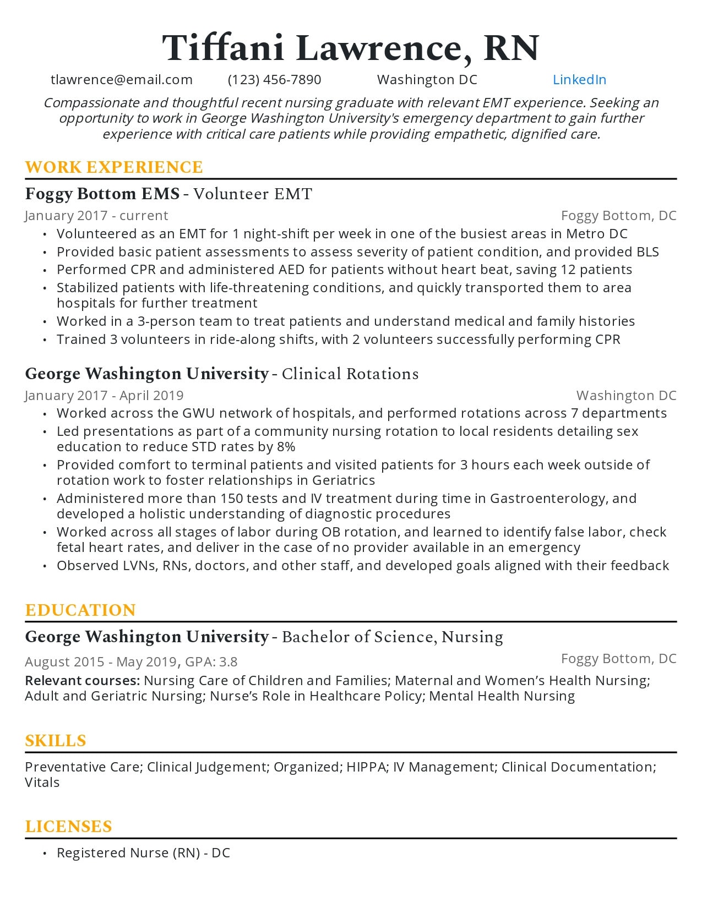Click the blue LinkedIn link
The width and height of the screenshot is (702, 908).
[x=579, y=80]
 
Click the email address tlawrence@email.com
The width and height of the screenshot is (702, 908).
[x=122, y=80]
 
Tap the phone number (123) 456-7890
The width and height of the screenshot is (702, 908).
[x=274, y=80]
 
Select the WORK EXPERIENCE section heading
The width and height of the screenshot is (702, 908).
[x=114, y=167]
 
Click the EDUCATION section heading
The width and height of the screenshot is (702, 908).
[x=80, y=610]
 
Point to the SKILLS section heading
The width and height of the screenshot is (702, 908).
[x=56, y=741]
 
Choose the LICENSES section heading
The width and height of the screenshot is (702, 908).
[x=68, y=827]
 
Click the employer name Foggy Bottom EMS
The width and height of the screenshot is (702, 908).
[x=102, y=194]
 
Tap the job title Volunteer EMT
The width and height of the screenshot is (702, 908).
[x=253, y=194]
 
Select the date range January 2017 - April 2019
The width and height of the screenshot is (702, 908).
[x=104, y=396]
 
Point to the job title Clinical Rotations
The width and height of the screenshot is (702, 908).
[x=350, y=374]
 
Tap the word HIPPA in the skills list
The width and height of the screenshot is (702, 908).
[x=366, y=767]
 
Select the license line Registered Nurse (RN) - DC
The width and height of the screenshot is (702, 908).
[x=143, y=853]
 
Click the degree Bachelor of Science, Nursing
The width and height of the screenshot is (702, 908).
[x=393, y=637]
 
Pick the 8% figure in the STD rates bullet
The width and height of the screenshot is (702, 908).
[x=286, y=447]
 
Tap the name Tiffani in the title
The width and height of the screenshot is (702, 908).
[x=223, y=48]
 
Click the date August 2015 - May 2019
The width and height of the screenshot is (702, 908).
[x=101, y=662]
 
